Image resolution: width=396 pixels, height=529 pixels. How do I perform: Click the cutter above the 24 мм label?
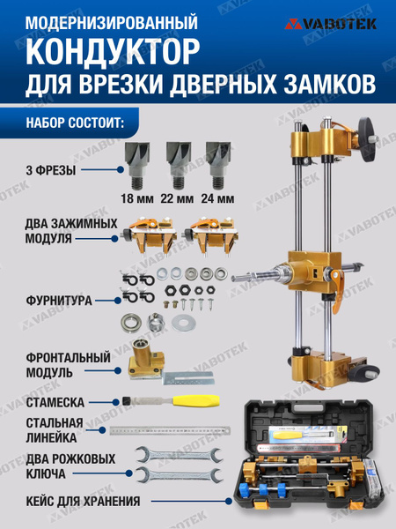point(216,160)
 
